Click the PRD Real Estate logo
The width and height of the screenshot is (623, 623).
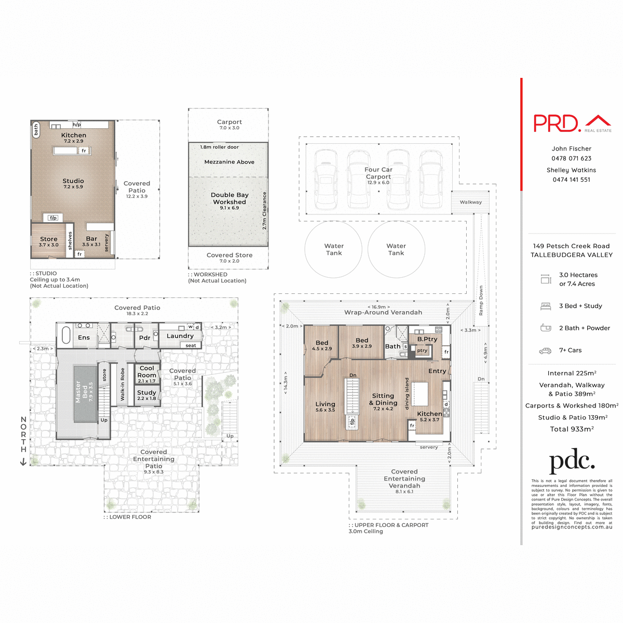[x=572, y=123]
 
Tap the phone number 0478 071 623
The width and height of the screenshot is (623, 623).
[x=571, y=158]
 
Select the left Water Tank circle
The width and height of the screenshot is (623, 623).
[x=334, y=249]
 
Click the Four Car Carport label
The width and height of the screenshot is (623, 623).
[x=378, y=173]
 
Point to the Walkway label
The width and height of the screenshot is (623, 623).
[x=470, y=202]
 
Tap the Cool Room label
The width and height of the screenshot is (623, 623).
[x=147, y=372]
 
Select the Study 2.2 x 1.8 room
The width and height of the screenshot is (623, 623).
[x=146, y=395]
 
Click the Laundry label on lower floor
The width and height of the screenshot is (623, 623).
[x=180, y=336]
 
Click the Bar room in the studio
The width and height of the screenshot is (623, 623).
[x=91, y=241]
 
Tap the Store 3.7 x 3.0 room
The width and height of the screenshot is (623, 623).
[x=49, y=241]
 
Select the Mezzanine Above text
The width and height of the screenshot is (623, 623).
[x=229, y=162]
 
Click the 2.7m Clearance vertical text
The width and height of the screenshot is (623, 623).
[x=264, y=211]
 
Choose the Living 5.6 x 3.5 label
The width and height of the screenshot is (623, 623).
[x=325, y=407]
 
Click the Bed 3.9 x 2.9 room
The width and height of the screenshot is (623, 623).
[x=362, y=343]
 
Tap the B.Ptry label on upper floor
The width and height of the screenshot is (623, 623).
[x=427, y=339]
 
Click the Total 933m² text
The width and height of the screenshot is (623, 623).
[x=571, y=429]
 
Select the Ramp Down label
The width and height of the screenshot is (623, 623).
[x=481, y=301]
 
